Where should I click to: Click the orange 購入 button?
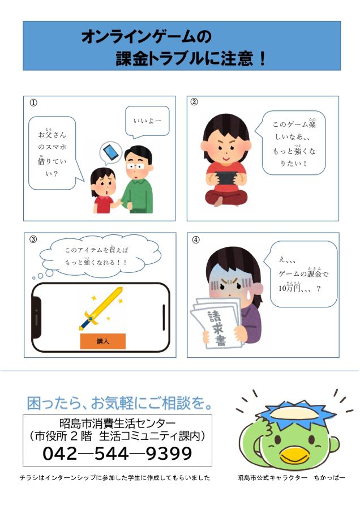(x=102, y=341)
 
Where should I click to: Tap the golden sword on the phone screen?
(x=101, y=309)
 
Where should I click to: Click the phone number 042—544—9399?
(x=117, y=454)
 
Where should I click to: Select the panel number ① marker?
(x=34, y=103)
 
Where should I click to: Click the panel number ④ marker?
(x=196, y=239)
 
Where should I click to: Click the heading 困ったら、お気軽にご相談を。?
(x=120, y=404)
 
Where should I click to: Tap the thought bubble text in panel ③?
(x=96, y=255)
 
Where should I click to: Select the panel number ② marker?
(x=194, y=102)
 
